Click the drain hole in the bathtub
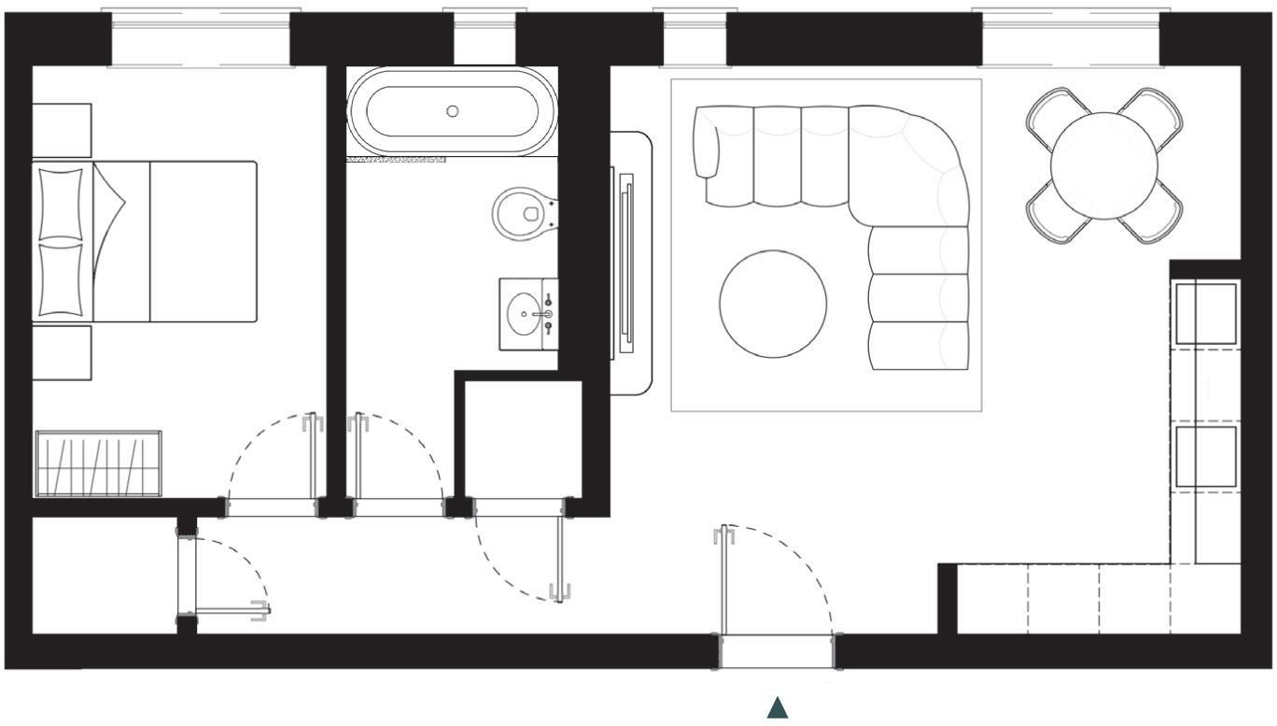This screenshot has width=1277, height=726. coord(453,111)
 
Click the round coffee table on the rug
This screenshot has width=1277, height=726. coord(773,303)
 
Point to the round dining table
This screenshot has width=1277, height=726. coord(1104,165)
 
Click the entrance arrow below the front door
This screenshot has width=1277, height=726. coord(778,708)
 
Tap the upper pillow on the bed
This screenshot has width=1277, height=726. coord(61,202)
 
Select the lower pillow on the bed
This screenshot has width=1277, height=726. coord(61,278)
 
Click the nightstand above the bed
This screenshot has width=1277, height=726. coord(62,131)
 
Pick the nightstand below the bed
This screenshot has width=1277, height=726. coord(62,352)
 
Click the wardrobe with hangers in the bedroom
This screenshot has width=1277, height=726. coord(98,463)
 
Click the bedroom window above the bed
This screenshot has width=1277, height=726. coord(201,39)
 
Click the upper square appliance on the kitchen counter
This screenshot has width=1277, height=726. coord(1205,313)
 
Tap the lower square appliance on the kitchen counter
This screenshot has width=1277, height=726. coord(1205,456)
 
